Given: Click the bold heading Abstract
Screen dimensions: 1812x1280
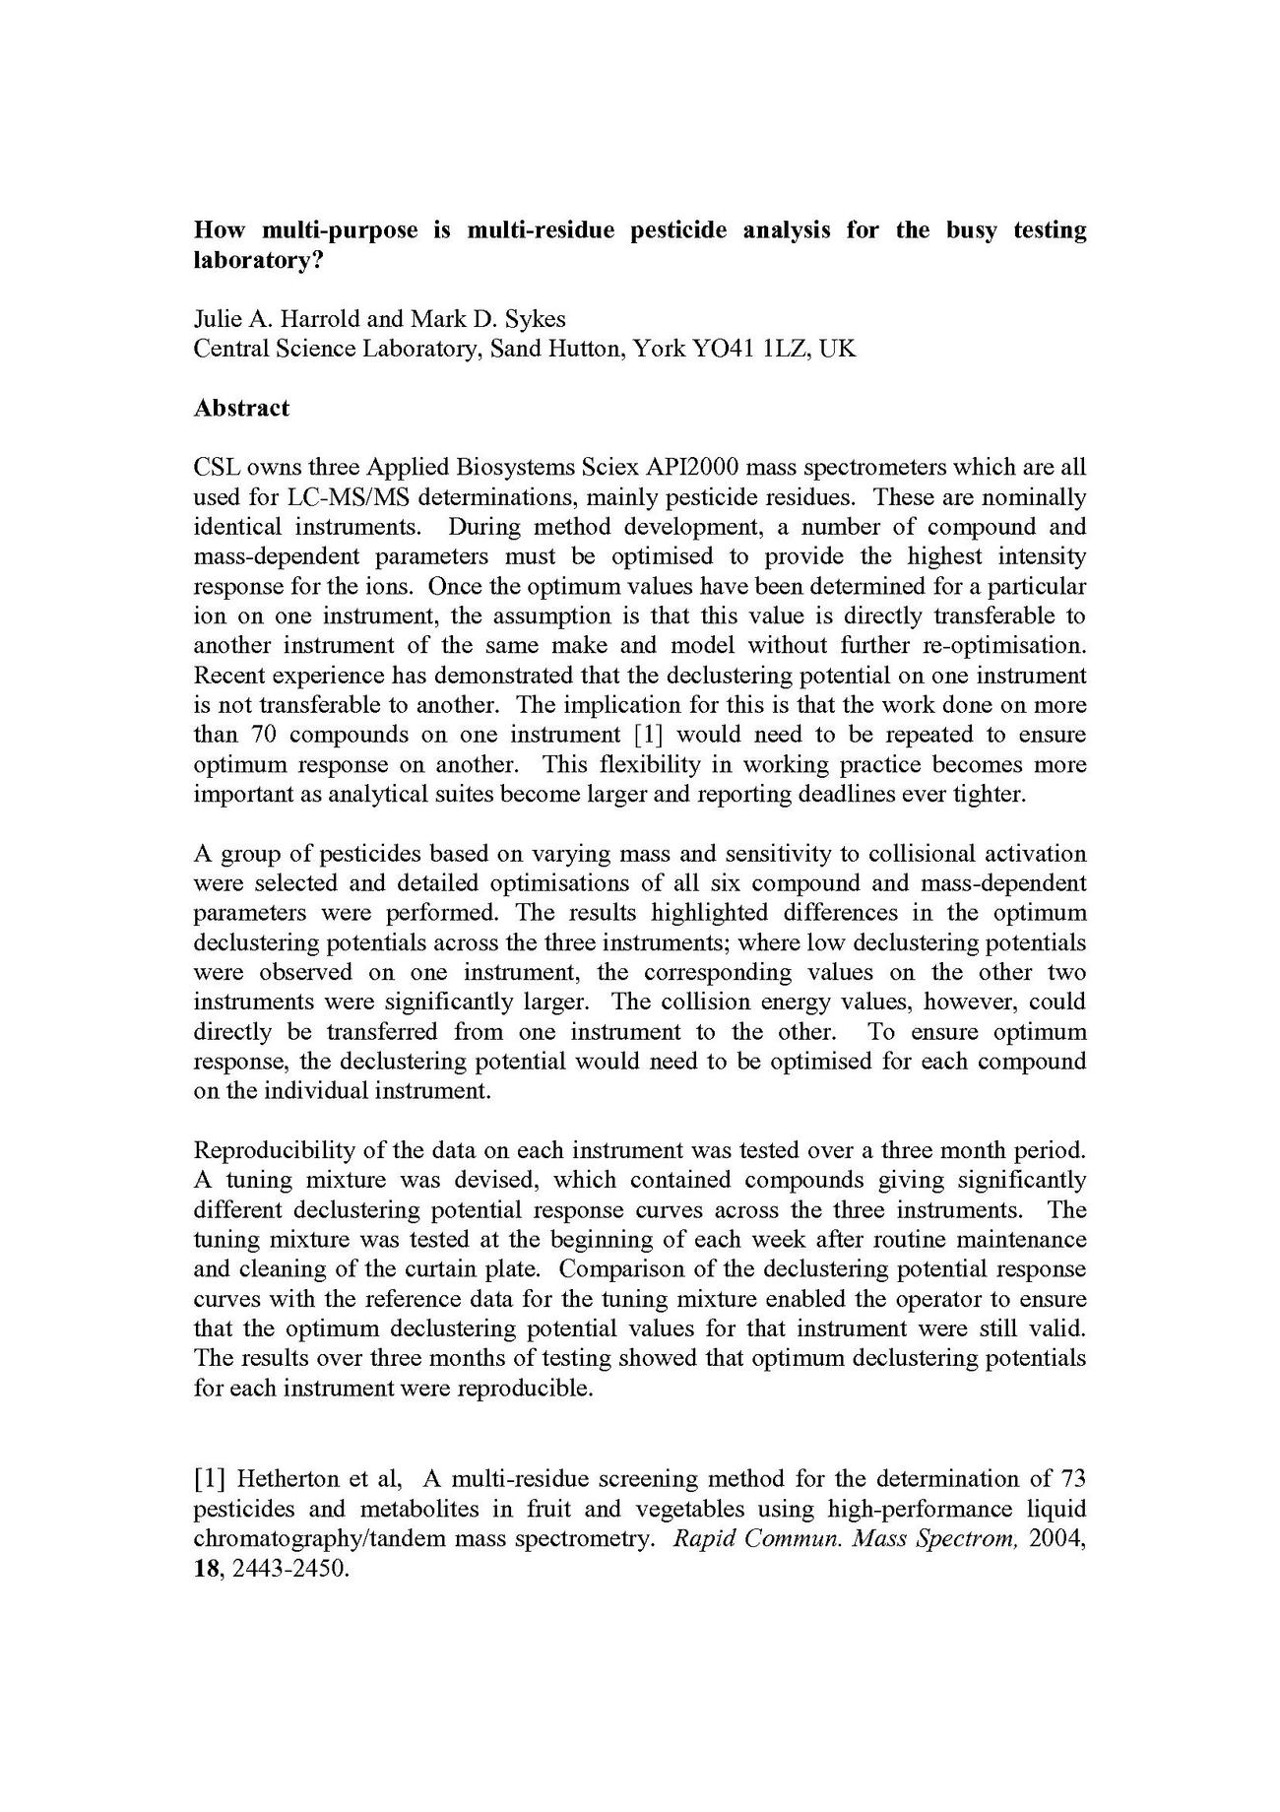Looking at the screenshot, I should pos(241,409).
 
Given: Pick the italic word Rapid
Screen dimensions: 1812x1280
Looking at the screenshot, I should pos(703,1538).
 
